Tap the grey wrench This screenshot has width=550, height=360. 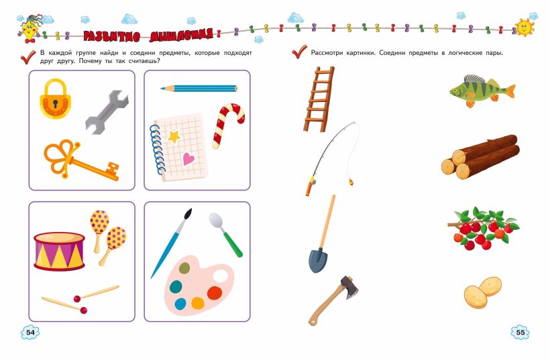(107, 112)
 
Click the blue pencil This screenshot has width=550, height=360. (199, 88)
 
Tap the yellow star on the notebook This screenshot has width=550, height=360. (174, 136)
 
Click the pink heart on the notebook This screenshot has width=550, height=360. (188, 159)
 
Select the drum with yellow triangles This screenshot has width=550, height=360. (59, 251)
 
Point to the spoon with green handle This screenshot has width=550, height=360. (225, 234)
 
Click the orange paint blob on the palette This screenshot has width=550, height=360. (215, 293)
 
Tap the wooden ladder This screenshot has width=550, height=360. (319, 99)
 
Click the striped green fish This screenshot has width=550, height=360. (482, 91)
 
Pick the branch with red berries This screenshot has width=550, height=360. (483, 228)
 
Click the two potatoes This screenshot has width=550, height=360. (483, 292)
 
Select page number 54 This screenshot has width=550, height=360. (30, 332)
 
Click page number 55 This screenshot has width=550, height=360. (520, 332)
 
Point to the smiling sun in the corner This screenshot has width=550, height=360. (524, 27)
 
